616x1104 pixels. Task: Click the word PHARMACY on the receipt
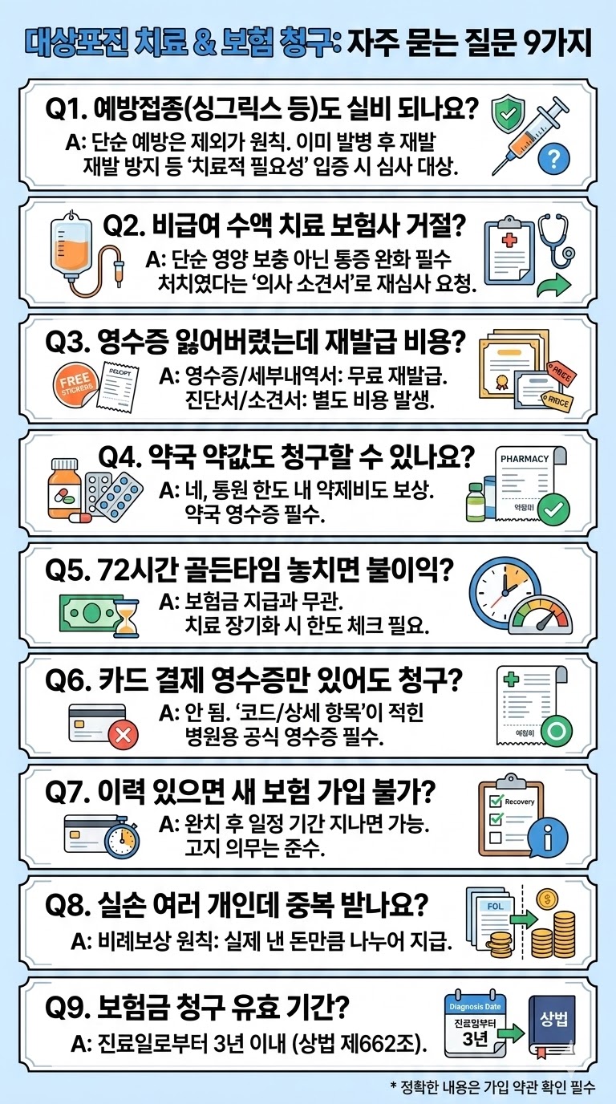point(525,458)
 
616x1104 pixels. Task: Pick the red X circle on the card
point(123,734)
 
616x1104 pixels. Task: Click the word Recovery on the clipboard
point(519,802)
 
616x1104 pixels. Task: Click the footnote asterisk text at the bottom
point(493,1086)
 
